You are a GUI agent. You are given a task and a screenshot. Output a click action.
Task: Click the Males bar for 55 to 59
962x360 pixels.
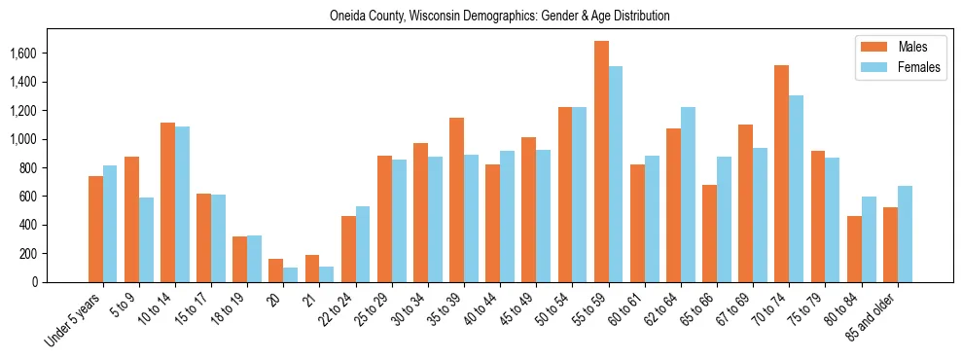601,162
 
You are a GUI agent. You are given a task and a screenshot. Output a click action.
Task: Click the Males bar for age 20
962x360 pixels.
276,270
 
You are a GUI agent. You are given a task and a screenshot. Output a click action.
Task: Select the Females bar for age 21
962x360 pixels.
327,274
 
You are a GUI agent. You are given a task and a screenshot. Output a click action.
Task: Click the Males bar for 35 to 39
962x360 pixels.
457,199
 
